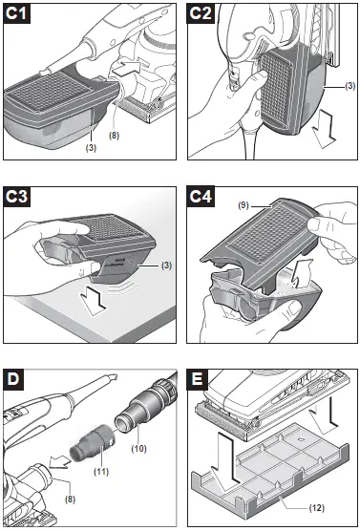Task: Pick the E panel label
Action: click(x=198, y=377)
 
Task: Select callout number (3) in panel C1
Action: click(x=91, y=149)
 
